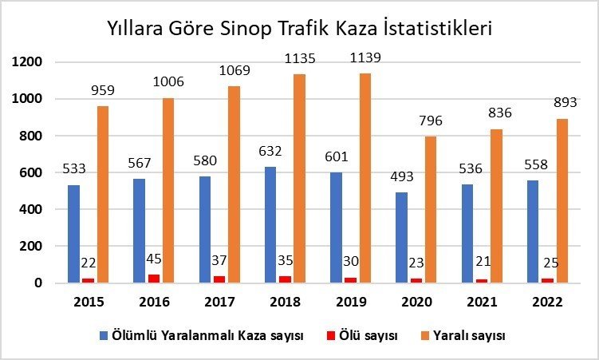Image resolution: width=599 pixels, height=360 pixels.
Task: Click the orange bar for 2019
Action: coord(365,178)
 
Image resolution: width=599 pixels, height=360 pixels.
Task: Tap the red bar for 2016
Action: coord(153,279)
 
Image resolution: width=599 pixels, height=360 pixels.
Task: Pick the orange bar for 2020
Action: coord(431,209)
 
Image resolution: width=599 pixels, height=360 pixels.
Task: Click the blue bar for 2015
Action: coord(74,234)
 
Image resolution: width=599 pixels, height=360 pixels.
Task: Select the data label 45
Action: coord(153,259)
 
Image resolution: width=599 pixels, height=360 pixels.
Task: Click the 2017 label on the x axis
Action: coord(219,303)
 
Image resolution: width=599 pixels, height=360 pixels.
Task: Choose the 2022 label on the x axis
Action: coord(546,303)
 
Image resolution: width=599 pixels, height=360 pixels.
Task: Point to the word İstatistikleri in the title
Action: coord(439,29)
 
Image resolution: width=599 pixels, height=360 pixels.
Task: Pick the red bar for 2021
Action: coord(481,281)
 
